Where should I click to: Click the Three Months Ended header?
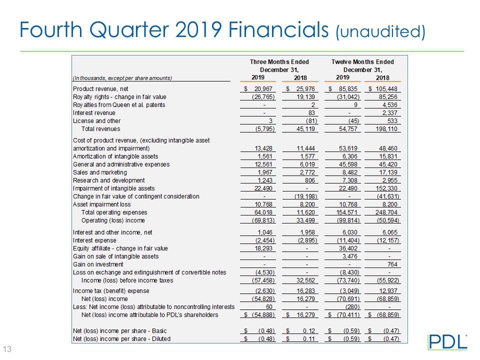(x=279, y=61)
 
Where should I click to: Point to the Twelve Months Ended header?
(x=362, y=61)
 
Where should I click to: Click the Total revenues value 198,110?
(x=388, y=129)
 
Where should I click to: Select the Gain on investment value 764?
(x=393, y=264)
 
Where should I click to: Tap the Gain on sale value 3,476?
(x=346, y=256)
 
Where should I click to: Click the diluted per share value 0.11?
(x=303, y=339)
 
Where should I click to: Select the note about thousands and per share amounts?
(x=122, y=78)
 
